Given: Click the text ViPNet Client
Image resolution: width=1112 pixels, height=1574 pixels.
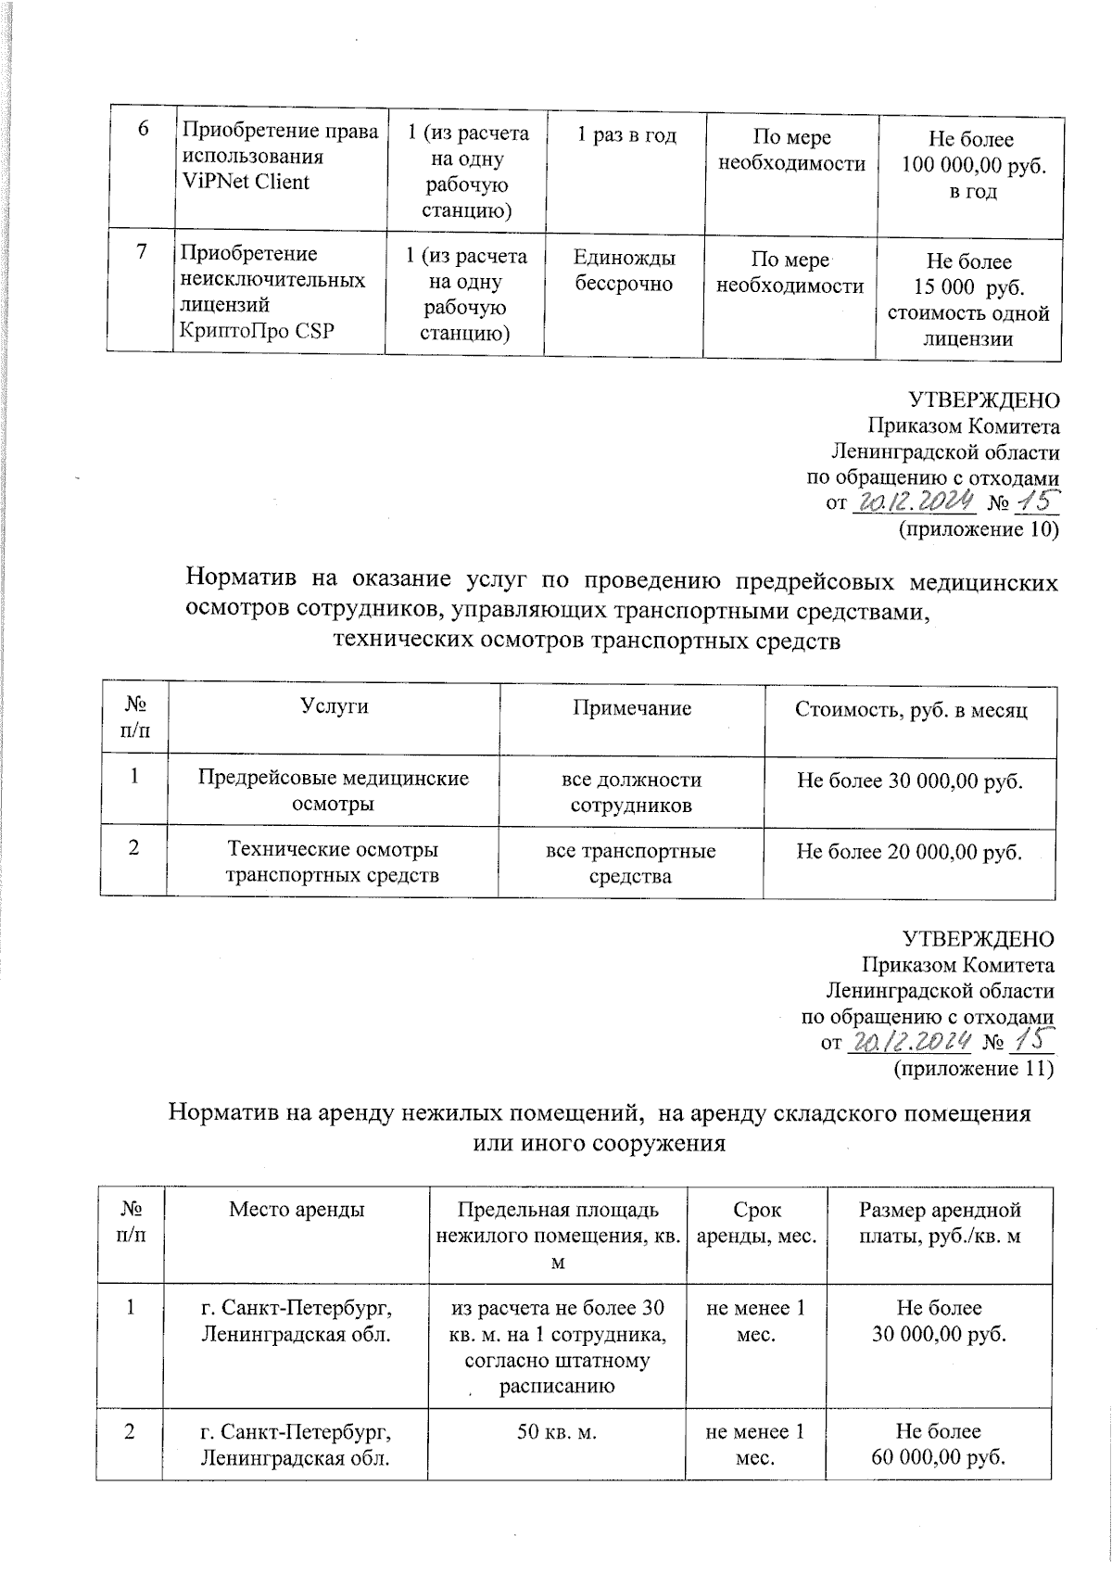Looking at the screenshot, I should click(245, 182).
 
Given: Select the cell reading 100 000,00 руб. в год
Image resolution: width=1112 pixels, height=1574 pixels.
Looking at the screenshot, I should click(970, 167).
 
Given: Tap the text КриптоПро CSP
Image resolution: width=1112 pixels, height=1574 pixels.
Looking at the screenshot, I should click(256, 331).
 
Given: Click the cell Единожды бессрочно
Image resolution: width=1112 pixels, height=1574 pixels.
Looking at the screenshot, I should click(624, 271).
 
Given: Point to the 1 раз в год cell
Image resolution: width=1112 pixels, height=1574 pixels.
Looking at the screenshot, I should click(626, 136).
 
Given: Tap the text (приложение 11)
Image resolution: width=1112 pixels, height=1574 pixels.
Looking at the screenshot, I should click(973, 1069).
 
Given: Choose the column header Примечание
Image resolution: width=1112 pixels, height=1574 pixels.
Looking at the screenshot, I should click(631, 708).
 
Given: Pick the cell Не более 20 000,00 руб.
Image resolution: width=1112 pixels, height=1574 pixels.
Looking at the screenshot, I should click(909, 851).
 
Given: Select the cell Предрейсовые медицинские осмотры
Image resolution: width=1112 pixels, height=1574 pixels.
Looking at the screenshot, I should click(334, 791).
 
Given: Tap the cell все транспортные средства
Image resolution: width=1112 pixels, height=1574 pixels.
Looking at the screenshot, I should click(630, 862).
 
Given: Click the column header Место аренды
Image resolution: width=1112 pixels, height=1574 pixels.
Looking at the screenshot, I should click(296, 1209).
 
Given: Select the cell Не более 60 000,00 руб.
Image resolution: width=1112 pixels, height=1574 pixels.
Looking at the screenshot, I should click(940, 1443).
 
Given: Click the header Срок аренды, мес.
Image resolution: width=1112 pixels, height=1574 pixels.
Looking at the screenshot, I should click(756, 1222).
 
